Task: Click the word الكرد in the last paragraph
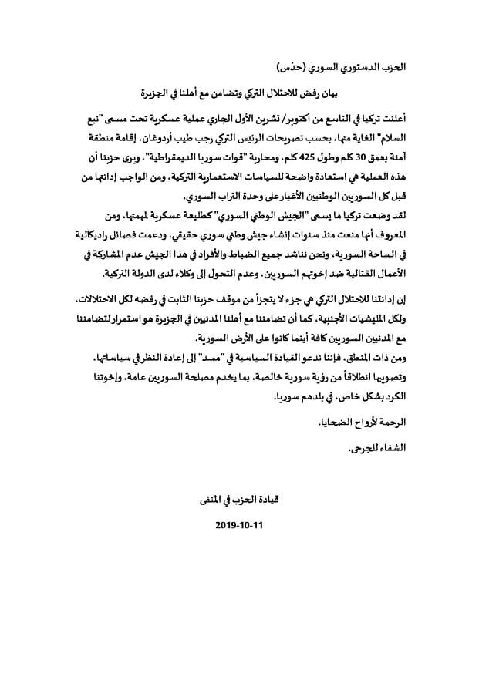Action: (x=391, y=400)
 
